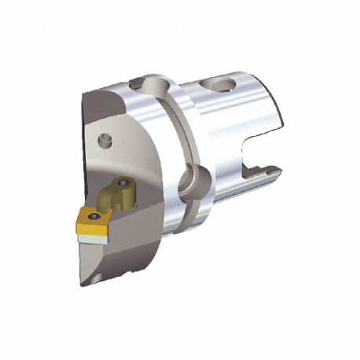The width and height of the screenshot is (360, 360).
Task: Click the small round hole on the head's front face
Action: coord(102,141)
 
